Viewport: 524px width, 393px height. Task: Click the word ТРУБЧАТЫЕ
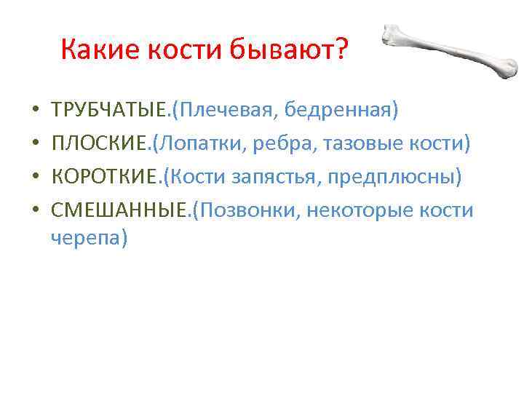coord(110,111)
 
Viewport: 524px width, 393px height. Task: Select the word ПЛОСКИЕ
coord(99,144)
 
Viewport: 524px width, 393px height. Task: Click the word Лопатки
coord(195,144)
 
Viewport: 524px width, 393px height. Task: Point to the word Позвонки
coord(248,211)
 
